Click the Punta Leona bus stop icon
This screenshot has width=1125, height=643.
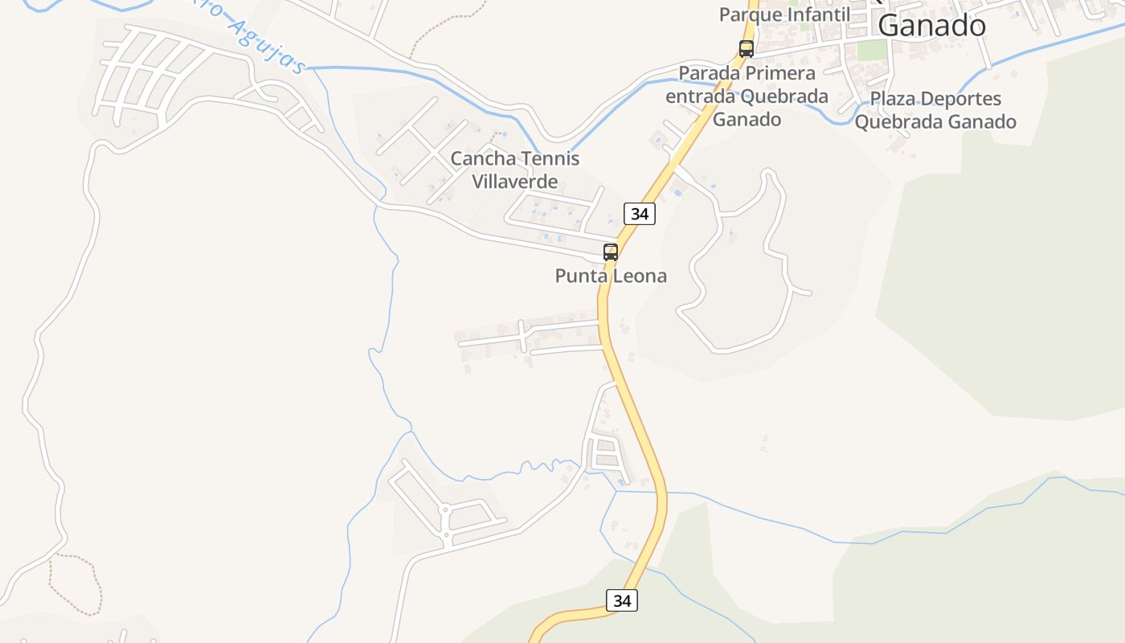click(611, 252)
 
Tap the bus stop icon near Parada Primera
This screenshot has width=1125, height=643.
click(747, 48)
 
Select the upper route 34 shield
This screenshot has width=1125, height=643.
click(640, 214)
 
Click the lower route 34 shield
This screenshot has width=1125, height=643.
click(621, 600)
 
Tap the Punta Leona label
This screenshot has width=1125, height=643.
click(611, 276)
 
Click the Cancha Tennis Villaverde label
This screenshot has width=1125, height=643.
click(514, 170)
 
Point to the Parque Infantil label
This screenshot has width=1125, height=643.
click(784, 14)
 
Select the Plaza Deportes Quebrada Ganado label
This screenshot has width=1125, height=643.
click(935, 110)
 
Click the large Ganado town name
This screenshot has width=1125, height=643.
click(931, 26)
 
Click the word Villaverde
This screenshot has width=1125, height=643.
click(514, 182)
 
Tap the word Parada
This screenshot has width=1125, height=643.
click(710, 73)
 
